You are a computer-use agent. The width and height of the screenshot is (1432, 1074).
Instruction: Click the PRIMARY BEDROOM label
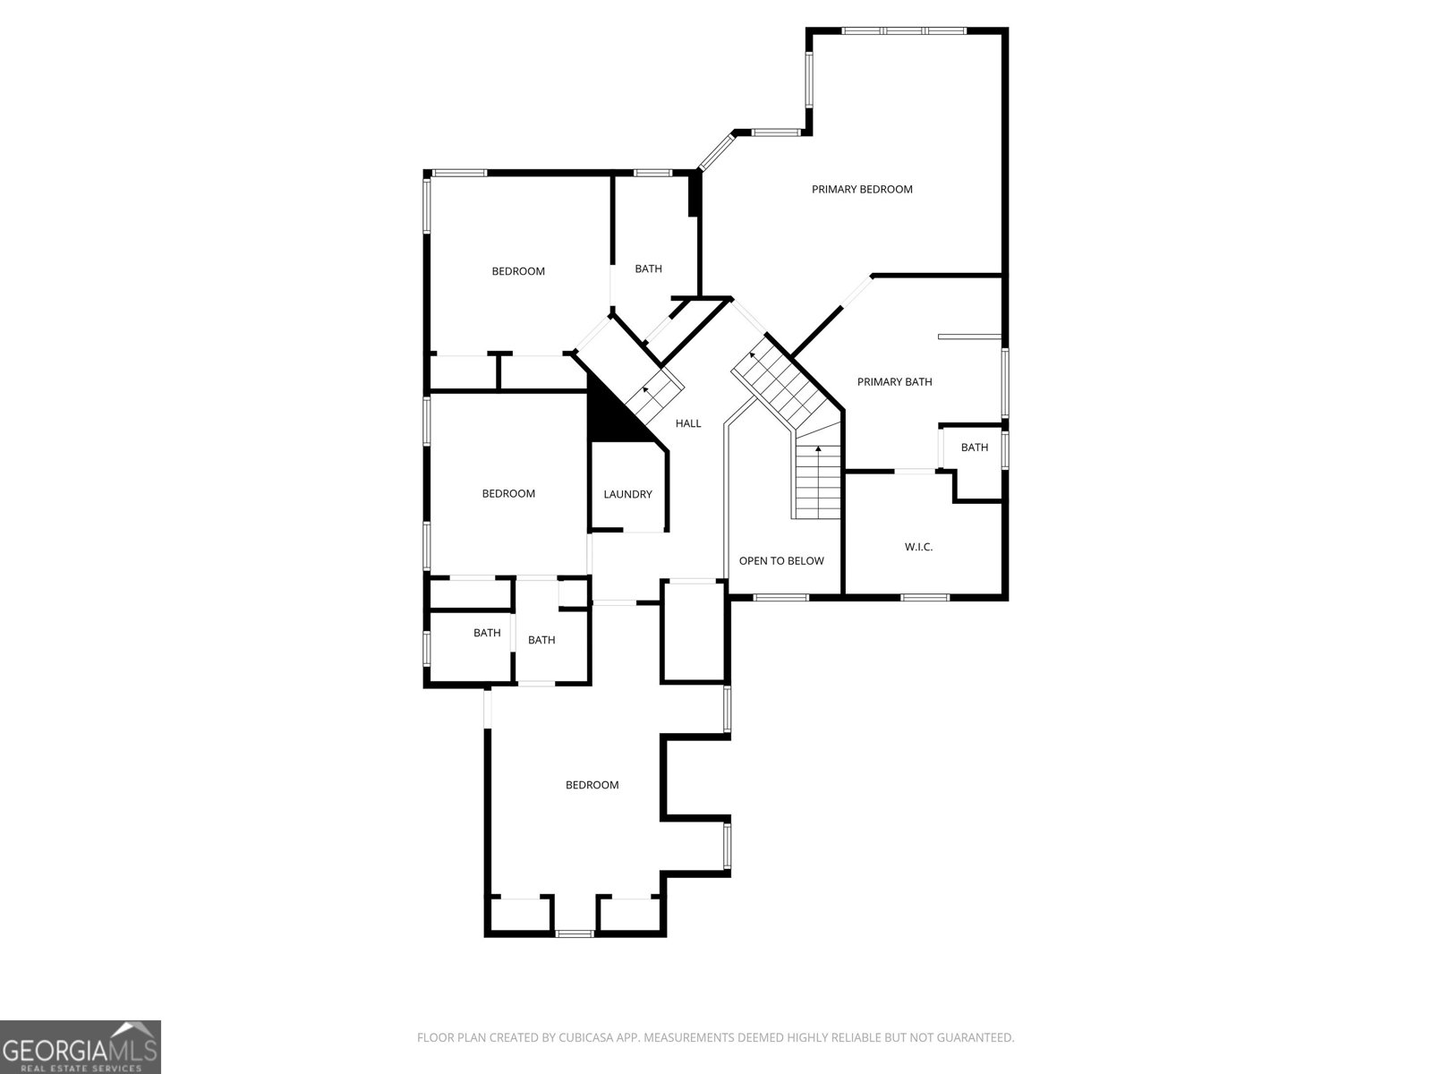click(862, 189)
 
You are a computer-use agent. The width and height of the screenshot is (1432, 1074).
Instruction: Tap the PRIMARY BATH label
click(894, 382)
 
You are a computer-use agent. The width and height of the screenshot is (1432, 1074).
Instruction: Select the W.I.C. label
click(918, 547)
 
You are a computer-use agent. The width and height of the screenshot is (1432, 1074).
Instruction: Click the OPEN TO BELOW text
click(781, 561)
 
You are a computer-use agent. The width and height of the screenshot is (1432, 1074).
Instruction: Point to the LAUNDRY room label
click(627, 494)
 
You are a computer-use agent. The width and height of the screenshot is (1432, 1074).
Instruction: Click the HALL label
click(688, 423)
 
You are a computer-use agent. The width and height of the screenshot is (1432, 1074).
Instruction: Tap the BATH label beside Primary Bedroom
click(648, 268)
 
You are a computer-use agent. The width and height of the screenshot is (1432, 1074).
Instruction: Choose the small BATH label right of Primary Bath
click(975, 447)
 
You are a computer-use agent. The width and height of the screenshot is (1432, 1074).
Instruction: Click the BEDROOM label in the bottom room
click(592, 785)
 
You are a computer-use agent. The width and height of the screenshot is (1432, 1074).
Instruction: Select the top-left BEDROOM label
click(518, 271)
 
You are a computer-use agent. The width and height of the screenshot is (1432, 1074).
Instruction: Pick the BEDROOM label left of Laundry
click(508, 493)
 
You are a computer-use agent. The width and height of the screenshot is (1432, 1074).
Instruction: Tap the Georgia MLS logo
click(81, 1046)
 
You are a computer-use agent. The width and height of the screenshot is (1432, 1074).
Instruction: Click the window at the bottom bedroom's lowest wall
click(575, 933)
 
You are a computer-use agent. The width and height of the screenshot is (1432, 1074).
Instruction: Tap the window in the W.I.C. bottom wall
click(925, 597)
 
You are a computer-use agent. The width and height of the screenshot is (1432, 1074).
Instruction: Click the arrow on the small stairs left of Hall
click(646, 391)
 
